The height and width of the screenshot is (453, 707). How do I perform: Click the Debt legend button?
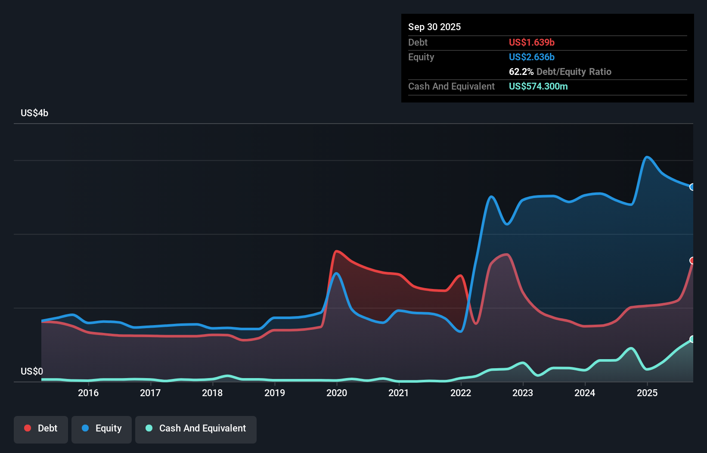pyautogui.click(x=41, y=429)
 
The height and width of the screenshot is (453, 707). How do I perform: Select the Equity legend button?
pyautogui.click(x=101, y=429)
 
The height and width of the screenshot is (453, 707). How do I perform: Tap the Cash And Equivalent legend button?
pyautogui.click(x=195, y=429)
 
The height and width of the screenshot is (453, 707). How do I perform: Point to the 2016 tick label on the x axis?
pyautogui.click(x=88, y=393)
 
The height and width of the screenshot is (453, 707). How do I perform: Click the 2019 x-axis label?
pyautogui.click(x=275, y=393)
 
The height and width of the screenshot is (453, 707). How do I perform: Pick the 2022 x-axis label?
pyautogui.click(x=461, y=393)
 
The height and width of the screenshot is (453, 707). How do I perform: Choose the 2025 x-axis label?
pyautogui.click(x=647, y=393)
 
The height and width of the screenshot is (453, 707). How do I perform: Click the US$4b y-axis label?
pyautogui.click(x=34, y=113)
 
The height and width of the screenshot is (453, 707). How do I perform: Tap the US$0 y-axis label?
pyautogui.click(x=32, y=371)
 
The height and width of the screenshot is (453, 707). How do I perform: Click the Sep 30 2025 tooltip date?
pyautogui.click(x=434, y=27)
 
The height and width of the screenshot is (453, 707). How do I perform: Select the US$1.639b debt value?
pyautogui.click(x=531, y=42)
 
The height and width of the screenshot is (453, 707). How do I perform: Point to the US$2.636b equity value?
pyautogui.click(x=531, y=57)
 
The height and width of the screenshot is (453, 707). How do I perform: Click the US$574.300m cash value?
pyautogui.click(x=538, y=86)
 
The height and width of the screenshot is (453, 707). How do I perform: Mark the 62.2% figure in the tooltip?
pyautogui.click(x=521, y=71)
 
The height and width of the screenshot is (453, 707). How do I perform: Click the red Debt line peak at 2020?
pyautogui.click(x=337, y=251)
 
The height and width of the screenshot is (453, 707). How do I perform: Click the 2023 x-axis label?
pyautogui.click(x=523, y=393)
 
